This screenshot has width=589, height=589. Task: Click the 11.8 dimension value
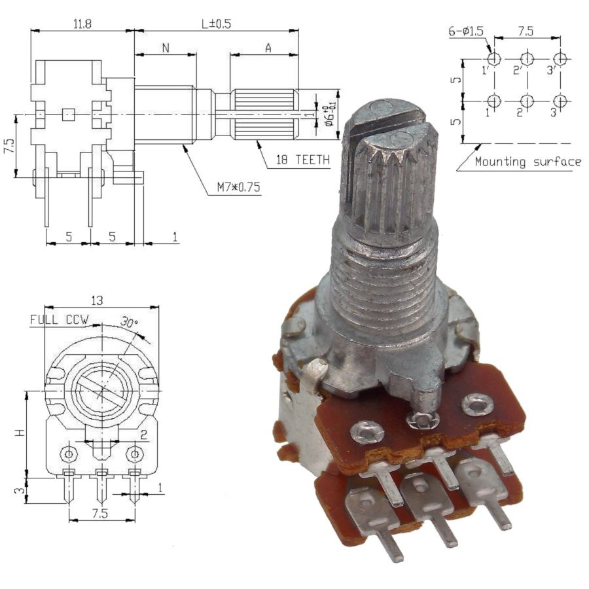(82, 24)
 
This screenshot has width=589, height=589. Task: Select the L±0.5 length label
(216, 24)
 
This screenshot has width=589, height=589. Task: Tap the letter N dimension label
(166, 48)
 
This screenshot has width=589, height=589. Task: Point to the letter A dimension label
(268, 48)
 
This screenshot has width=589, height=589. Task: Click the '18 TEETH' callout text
(303, 160)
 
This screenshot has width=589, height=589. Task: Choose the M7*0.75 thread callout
(238, 187)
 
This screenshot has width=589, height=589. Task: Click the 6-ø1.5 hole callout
(466, 31)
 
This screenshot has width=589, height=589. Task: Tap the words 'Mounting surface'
(527, 162)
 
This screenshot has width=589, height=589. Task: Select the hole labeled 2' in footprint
(527, 59)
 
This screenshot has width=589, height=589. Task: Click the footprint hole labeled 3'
(560, 59)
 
